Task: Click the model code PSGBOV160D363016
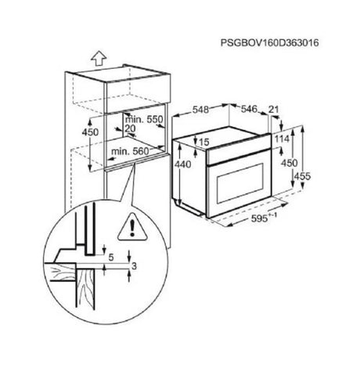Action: pos(269,42)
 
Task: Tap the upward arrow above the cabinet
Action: pos(99,58)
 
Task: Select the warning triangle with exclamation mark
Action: pos(132,226)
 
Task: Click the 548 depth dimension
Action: pos(200,110)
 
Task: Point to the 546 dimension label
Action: pos(249,109)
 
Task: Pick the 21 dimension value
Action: pos(274,109)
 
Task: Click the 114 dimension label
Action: pos(282,139)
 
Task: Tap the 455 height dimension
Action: pos(302,176)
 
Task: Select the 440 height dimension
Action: pos(182,164)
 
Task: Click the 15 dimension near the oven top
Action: pos(204,142)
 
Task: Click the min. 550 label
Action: pos(144,120)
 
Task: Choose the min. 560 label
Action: pos(130,151)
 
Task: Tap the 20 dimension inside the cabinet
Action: pos(130,128)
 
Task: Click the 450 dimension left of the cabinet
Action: pos(90,132)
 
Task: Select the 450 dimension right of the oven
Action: pos(289,163)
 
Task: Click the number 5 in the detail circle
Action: pos(111,258)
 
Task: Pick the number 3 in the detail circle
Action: pos(134,266)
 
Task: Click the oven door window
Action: pos(240,183)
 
